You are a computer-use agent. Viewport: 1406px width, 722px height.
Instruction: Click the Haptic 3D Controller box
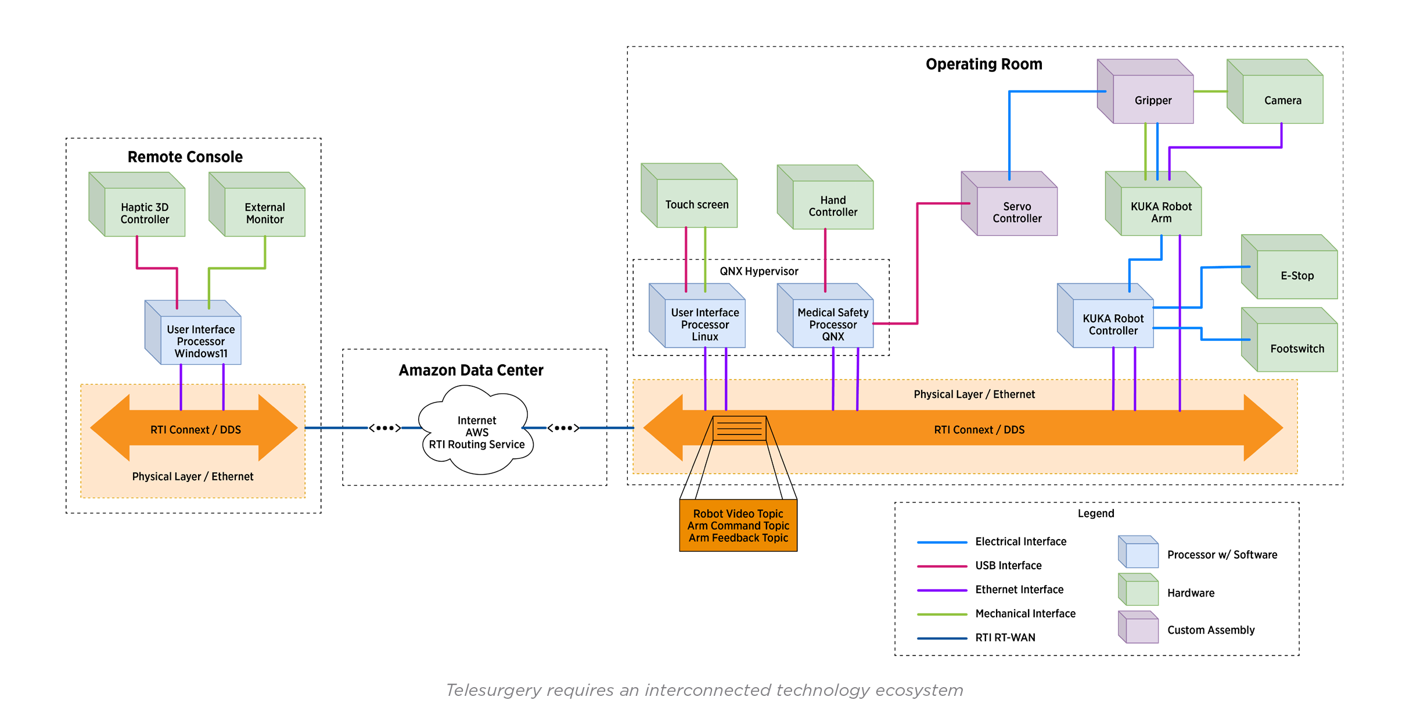(x=145, y=213)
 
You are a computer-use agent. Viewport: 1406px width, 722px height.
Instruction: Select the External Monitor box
(x=265, y=213)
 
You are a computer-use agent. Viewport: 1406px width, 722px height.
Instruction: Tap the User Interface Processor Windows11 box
(x=200, y=341)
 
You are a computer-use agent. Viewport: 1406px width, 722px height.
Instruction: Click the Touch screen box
(x=697, y=204)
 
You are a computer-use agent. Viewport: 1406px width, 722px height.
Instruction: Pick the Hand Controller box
(x=833, y=206)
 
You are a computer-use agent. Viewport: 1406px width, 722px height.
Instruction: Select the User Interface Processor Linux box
(x=704, y=324)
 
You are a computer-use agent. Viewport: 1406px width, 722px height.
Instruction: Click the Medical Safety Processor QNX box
(x=833, y=324)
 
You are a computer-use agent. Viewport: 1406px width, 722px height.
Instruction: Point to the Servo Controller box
(x=1017, y=212)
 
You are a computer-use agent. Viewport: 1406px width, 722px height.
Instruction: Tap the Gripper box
(x=1153, y=100)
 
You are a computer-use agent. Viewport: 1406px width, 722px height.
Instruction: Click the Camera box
(x=1282, y=100)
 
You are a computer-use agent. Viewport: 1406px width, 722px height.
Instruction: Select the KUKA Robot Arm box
(x=1161, y=212)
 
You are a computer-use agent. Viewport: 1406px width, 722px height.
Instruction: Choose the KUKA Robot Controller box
(x=1113, y=324)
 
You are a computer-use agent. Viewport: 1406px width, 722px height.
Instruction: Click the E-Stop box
(x=1297, y=275)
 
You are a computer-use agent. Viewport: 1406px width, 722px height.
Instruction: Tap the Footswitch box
(x=1297, y=349)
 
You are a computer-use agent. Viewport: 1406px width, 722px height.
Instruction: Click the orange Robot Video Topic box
(x=738, y=525)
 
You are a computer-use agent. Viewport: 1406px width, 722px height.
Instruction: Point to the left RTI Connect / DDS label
(x=195, y=430)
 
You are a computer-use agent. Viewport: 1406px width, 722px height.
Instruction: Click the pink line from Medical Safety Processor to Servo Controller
(x=917, y=261)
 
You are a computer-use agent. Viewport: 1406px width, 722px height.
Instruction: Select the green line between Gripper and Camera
(x=1210, y=92)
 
